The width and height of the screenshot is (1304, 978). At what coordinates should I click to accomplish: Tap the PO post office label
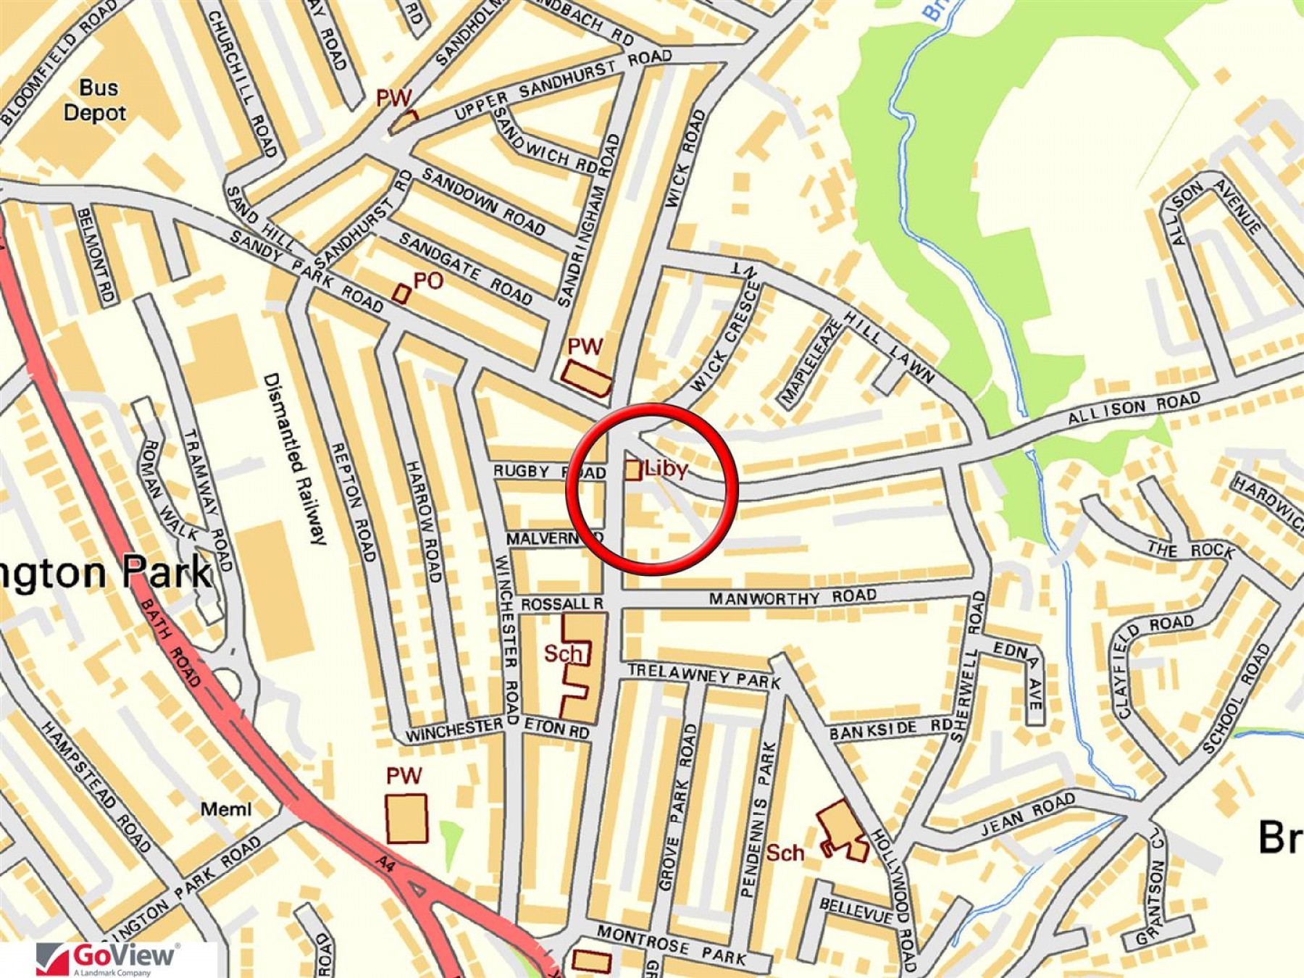click(427, 281)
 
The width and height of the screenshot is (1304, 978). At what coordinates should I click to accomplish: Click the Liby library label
click(666, 469)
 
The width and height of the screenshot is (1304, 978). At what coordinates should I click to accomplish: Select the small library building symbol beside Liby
click(632, 470)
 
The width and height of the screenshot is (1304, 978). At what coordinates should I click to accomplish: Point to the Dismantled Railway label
click(296, 459)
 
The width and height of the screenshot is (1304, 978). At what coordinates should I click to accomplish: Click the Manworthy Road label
click(793, 598)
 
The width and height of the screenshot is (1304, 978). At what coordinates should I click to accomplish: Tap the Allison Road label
click(1134, 409)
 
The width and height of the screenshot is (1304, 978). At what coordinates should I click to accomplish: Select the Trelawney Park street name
click(703, 676)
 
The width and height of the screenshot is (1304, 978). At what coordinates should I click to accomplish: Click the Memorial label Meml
click(226, 809)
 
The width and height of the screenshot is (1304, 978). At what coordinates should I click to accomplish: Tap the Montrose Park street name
click(671, 945)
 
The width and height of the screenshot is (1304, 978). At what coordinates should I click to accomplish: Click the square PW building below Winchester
click(406, 819)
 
